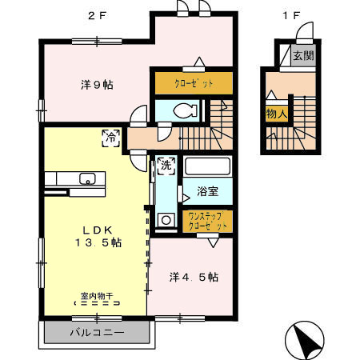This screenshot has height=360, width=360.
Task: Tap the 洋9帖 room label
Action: (95, 84)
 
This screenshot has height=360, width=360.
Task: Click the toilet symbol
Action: (178, 111)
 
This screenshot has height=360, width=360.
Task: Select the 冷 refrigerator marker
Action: (109, 137)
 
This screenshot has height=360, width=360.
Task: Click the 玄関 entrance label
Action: (302, 56)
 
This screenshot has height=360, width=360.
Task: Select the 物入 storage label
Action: (276, 114)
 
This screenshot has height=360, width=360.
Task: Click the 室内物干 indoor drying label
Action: (95, 297)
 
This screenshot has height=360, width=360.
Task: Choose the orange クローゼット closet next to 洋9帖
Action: (193, 82)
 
